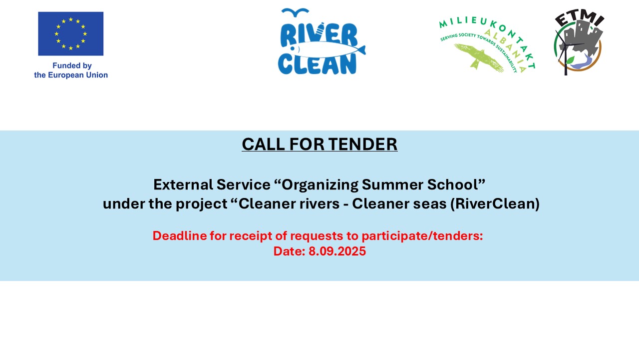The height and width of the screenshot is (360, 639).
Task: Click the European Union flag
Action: pos(71,33)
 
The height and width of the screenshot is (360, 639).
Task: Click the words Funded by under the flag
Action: pos(72,65)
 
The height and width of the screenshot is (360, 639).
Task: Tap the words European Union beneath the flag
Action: pos(78,75)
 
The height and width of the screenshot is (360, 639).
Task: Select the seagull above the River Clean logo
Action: pos(295,12)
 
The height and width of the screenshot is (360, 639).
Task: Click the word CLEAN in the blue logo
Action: pos(317,64)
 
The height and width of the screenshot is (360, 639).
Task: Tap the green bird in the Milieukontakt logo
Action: pos(479,57)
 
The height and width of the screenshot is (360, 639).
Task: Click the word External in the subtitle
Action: pos(183,184)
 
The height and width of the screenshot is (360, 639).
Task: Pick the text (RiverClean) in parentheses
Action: pos(495,203)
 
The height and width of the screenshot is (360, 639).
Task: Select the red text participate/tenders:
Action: pos(422,236)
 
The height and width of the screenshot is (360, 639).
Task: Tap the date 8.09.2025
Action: pos(337,251)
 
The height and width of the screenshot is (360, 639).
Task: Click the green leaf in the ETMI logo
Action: pos(570,60)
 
